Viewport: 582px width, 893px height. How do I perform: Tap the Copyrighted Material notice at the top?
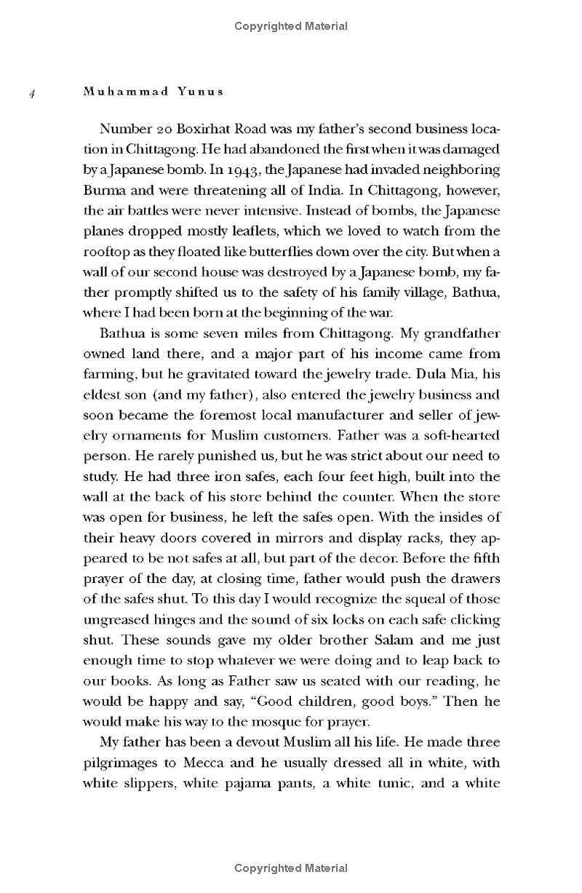[291, 26]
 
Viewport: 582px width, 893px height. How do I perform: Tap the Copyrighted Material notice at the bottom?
[291, 868]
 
